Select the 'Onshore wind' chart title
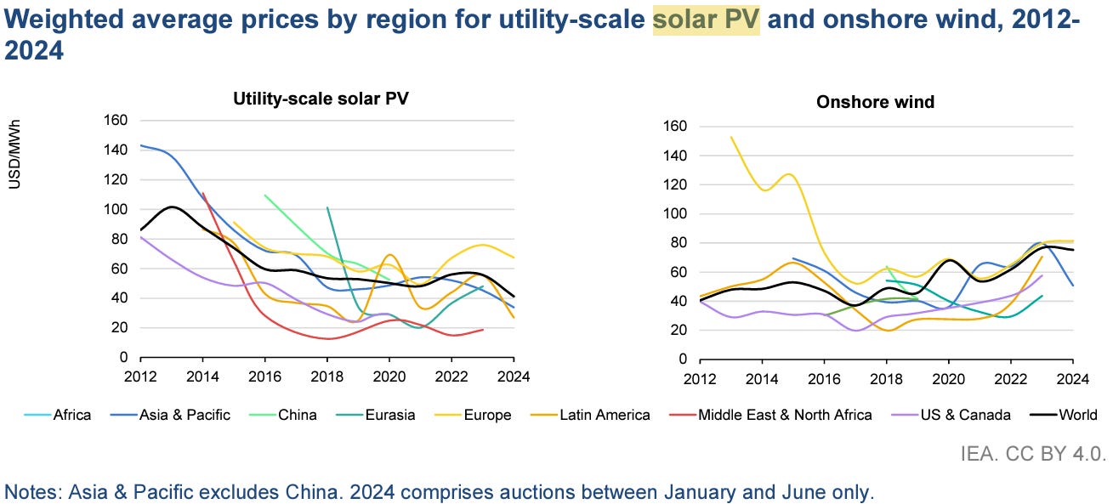click(x=875, y=102)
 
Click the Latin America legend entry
click(x=604, y=415)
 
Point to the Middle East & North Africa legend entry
click(x=785, y=415)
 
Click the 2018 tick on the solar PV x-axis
click(x=328, y=375)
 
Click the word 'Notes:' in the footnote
click(x=29, y=491)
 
